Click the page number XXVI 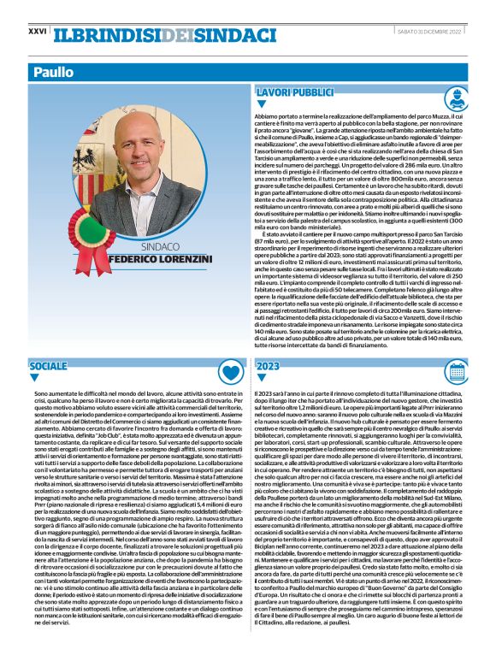(38, 30)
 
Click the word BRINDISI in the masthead (123, 32)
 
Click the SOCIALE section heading (48, 366)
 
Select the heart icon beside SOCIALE (229, 371)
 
